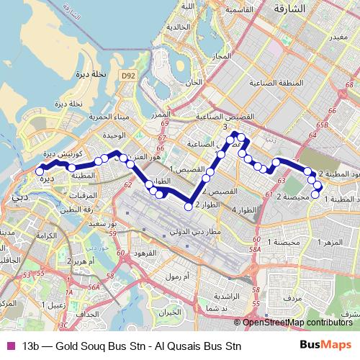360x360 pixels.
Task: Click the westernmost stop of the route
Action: tap(40, 171)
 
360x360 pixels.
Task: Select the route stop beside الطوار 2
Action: tap(189, 207)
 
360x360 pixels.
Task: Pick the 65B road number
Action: tap(320, 125)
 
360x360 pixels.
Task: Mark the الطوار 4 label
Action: tap(247, 210)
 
